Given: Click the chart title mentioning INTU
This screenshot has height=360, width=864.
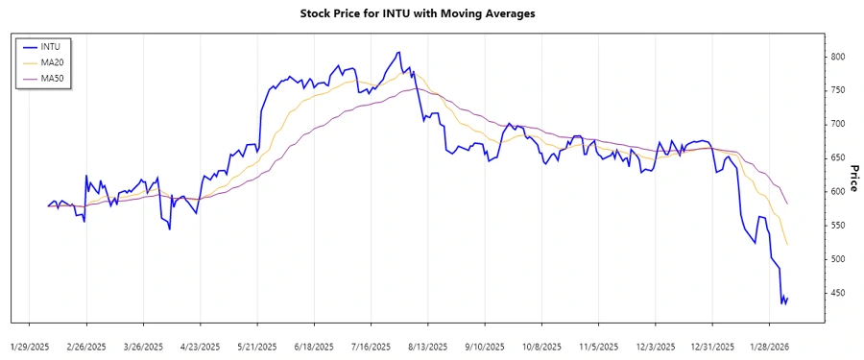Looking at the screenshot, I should click(431, 13).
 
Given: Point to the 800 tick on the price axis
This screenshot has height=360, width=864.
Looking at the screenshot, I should click(839, 57).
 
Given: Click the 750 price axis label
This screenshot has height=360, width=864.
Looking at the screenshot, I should click(839, 90).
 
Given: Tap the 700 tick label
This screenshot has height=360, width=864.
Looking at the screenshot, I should click(839, 124).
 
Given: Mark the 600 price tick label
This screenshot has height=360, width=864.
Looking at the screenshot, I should click(839, 191).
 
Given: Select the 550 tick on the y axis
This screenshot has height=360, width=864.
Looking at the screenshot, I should click(839, 225).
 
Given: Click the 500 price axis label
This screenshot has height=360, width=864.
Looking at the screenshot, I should click(839, 259).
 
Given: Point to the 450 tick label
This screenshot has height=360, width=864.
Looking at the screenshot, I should click(839, 293).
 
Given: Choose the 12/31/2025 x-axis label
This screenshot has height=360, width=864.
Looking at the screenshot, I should click(712, 346).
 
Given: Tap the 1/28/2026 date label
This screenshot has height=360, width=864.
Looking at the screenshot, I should click(770, 346).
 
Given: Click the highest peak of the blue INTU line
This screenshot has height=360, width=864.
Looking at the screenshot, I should click(397, 52).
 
